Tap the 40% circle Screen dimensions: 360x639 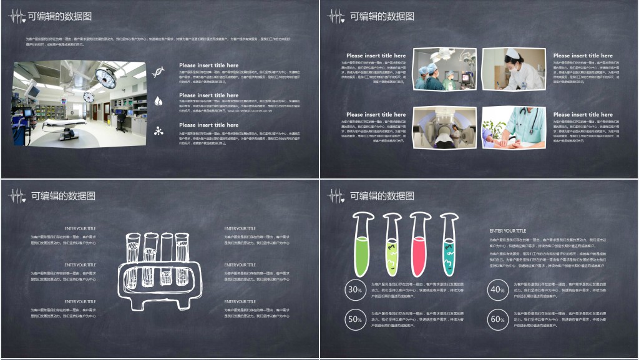coord(497,289)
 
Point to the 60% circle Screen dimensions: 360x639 coord(497,319)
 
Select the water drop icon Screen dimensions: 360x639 coord(159,100)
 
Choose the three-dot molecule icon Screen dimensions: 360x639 coord(159,130)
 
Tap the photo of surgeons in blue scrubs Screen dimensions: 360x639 coord(444,69)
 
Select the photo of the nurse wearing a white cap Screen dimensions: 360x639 coord(514,69)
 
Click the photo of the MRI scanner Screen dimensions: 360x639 coord(444,128)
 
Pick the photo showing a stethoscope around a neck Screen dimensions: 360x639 coord(514,128)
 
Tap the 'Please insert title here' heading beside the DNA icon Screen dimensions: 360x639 coord(208,65)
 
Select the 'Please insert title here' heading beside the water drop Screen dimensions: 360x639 coord(208,95)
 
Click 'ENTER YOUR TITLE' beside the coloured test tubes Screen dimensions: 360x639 coord(507,231)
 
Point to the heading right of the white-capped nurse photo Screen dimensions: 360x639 coord(583,56)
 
